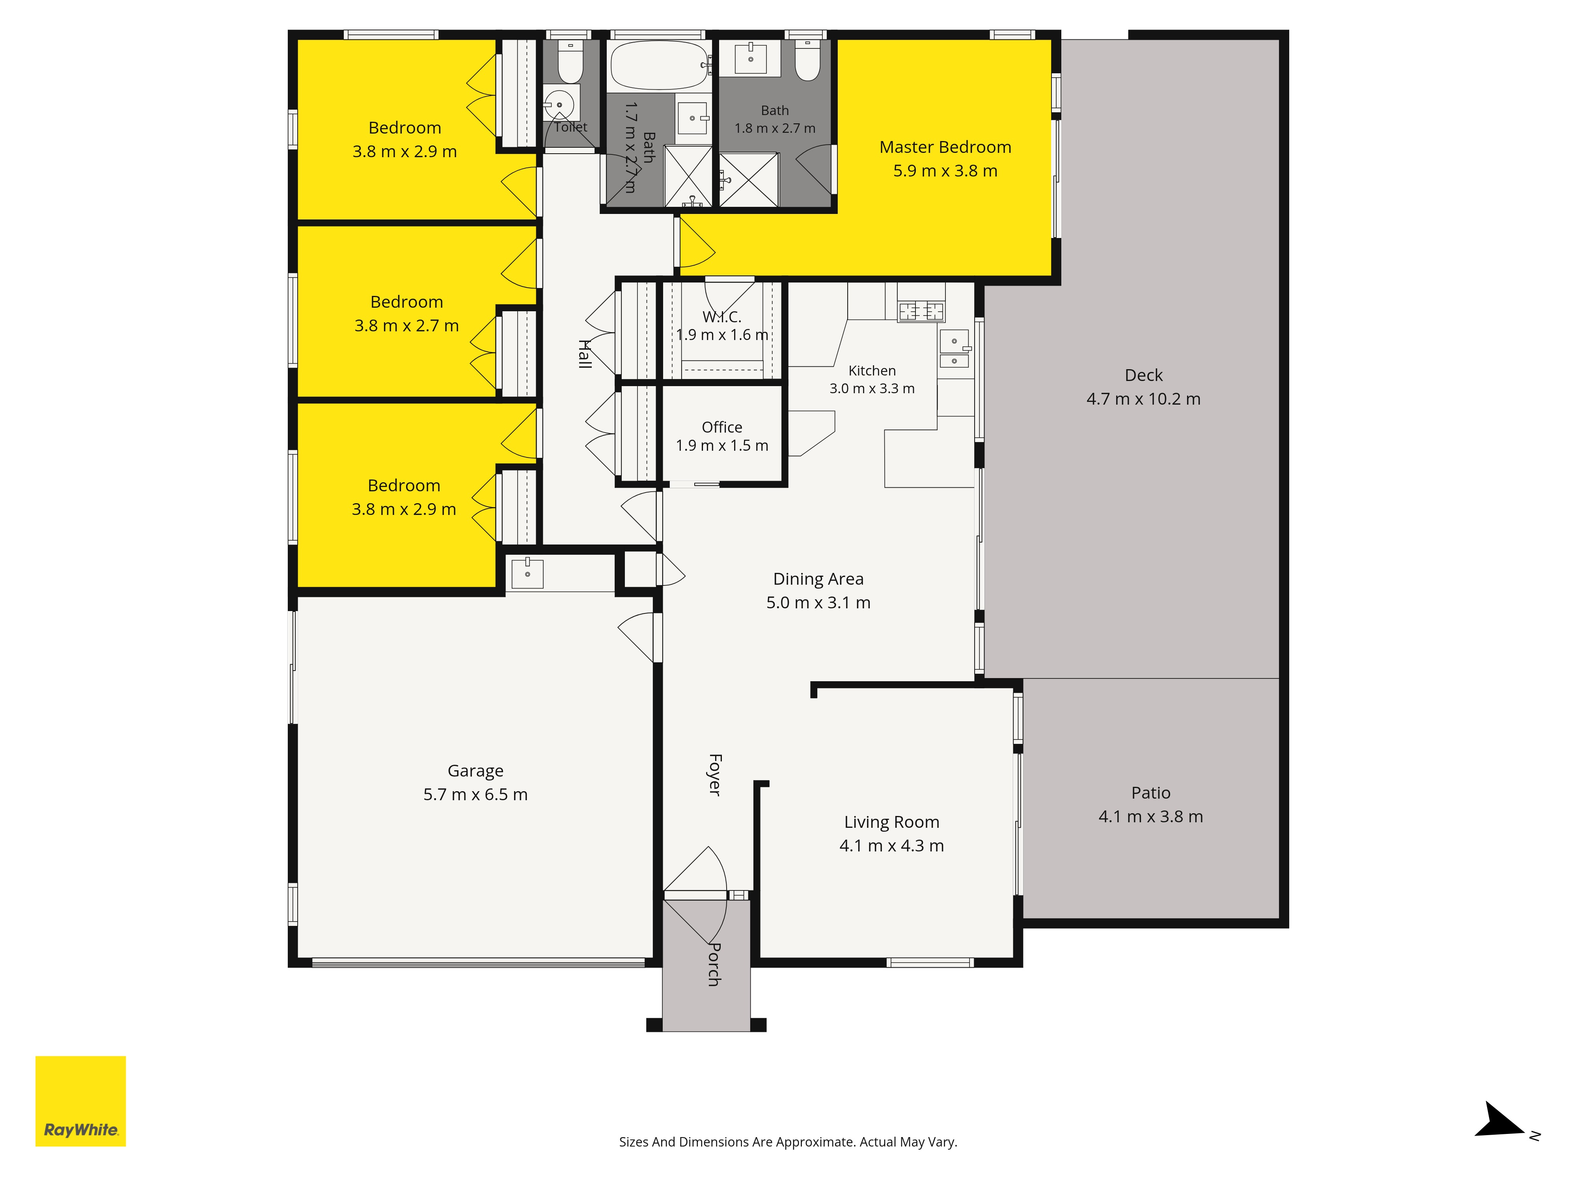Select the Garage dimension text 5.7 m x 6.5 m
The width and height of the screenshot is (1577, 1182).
475,794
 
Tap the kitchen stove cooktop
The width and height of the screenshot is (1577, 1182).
921,311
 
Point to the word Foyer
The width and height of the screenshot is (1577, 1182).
714,775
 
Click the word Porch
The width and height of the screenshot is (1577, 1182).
714,965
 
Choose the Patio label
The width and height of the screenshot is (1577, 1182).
1151,793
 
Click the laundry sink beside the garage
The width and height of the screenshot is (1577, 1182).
528,574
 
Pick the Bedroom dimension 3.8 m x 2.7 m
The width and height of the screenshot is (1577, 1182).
406,325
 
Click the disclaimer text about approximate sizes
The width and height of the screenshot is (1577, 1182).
788,1142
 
